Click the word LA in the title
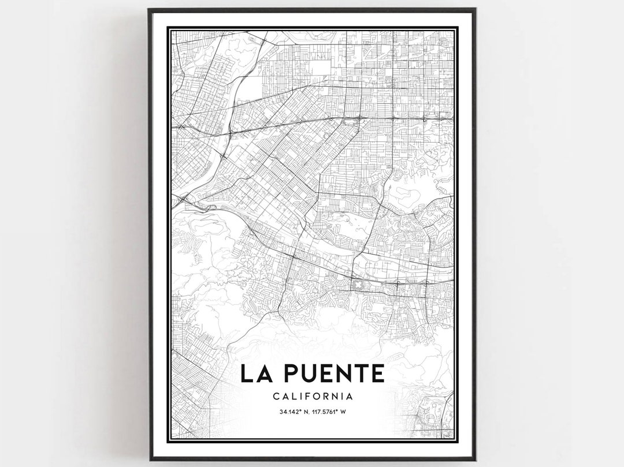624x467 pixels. click(x=254, y=373)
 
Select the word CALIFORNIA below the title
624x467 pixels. click(x=312, y=397)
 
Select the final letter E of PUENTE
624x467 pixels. click(x=378, y=373)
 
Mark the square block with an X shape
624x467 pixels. click(x=358, y=285)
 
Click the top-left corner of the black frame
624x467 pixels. click(x=150, y=10)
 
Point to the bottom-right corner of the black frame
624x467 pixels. click(x=475, y=459)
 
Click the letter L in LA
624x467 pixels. click(x=247, y=373)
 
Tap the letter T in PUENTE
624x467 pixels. click(x=361, y=373)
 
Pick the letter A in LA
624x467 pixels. click(x=262, y=373)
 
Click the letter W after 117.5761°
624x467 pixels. click(x=343, y=412)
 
